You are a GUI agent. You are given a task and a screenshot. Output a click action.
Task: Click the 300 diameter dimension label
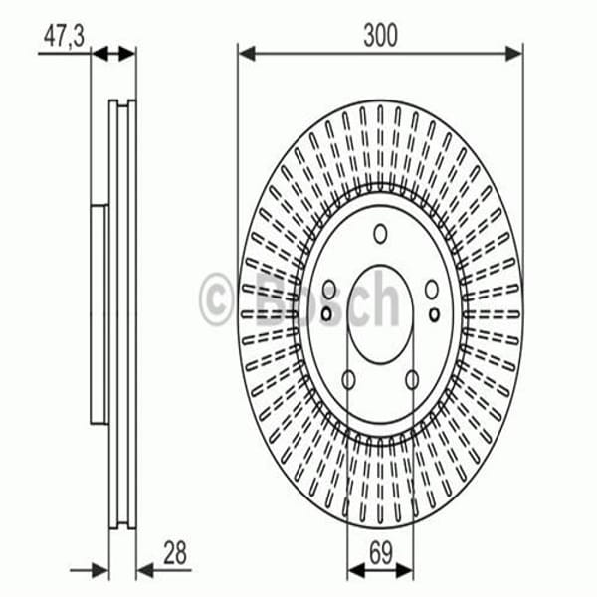click(x=380, y=35)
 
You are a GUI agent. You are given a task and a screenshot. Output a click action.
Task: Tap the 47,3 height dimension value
click(x=64, y=37)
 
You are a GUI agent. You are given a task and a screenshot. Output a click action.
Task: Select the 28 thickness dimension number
click(x=175, y=552)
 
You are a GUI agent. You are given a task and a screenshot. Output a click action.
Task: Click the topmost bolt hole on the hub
click(x=380, y=234)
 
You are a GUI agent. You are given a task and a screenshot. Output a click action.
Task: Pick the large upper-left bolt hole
click(x=329, y=290)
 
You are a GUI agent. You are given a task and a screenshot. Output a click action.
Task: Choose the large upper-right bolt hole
click(x=432, y=290)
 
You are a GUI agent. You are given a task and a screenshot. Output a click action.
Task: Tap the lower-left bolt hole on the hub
click(x=348, y=380)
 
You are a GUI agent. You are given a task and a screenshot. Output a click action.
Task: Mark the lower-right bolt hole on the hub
click(x=412, y=380)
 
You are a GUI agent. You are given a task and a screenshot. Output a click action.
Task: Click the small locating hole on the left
click(x=326, y=314)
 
